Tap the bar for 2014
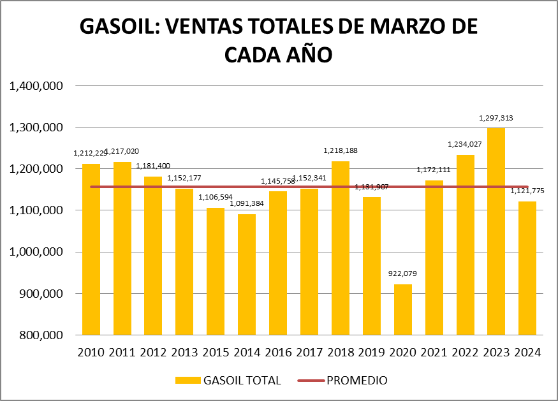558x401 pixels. (247, 274)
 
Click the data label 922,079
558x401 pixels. (402, 274)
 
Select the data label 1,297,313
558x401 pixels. (496, 118)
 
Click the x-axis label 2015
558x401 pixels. (216, 353)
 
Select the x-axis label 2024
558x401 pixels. (527, 353)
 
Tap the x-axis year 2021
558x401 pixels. (434, 353)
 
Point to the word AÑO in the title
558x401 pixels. (309, 55)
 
